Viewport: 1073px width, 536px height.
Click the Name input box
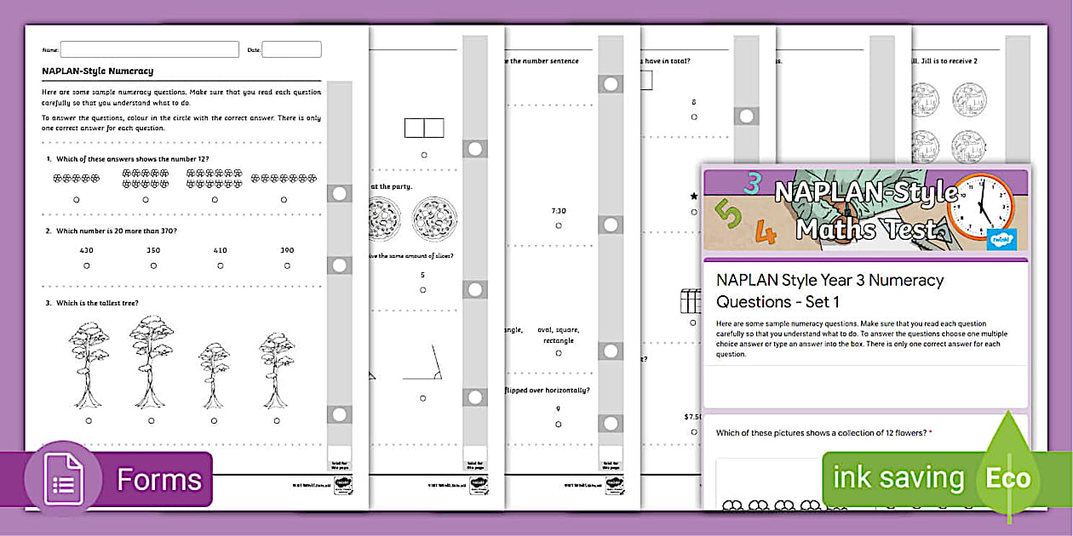149,49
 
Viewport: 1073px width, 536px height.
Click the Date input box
291,49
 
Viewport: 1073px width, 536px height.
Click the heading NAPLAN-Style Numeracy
98,71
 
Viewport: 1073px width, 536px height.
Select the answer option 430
86,250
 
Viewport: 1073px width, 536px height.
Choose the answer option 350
152,250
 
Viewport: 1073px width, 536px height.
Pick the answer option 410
220,250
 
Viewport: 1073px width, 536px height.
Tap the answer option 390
287,250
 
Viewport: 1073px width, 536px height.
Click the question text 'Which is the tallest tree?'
96,303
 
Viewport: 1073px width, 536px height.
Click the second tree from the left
152,361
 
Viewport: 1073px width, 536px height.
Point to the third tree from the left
213,374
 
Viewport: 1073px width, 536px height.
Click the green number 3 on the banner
752,183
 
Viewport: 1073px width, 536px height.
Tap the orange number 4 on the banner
766,231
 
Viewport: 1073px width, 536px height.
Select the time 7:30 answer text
559,211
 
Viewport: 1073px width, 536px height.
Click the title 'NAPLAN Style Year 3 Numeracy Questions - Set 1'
829,290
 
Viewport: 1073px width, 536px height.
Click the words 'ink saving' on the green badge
898,478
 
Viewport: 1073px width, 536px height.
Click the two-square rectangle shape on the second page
424,128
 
